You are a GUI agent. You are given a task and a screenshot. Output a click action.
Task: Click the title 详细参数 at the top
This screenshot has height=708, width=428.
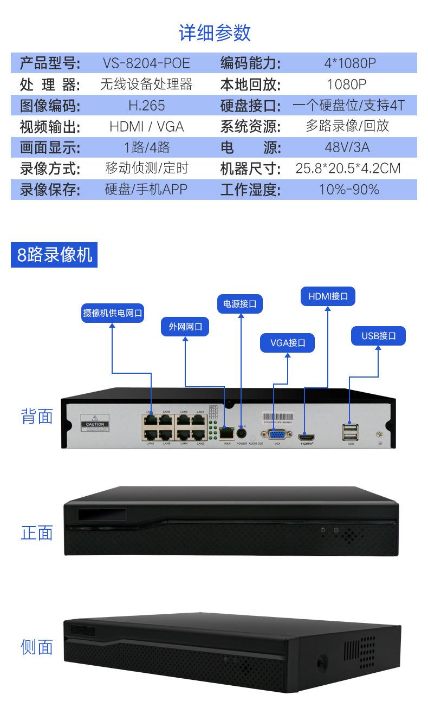pos(215,33)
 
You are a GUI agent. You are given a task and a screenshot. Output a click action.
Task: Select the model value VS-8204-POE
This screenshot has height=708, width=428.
pos(146,63)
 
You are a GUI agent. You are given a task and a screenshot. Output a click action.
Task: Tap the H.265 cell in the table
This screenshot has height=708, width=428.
pos(146,105)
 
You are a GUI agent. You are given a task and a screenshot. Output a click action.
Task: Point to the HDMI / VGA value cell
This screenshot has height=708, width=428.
pos(146,126)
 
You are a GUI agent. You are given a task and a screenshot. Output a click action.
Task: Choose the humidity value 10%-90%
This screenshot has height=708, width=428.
pos(349,190)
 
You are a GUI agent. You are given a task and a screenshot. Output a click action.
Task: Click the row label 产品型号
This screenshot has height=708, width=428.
pos(49,63)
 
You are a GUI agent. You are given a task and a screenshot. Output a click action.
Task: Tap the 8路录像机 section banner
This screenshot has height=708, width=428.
pos(54,255)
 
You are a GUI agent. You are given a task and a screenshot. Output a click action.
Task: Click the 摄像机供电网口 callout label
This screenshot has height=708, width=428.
pos(113,313)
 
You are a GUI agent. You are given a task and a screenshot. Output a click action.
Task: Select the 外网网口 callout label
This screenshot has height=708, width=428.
pos(185,327)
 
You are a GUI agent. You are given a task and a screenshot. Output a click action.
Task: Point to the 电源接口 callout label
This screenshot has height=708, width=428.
pos(239,303)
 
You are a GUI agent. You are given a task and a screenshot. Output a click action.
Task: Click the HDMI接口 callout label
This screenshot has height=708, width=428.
pos(328,296)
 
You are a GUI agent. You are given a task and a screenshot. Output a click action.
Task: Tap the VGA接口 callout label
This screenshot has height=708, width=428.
pos(288,342)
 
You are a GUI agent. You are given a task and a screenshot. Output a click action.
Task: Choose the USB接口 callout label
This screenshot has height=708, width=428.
pos(379,336)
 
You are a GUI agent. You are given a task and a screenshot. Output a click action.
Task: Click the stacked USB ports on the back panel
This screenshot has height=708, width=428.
pos(350,432)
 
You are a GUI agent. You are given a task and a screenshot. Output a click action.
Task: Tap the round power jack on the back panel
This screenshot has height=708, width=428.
pos(242,433)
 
